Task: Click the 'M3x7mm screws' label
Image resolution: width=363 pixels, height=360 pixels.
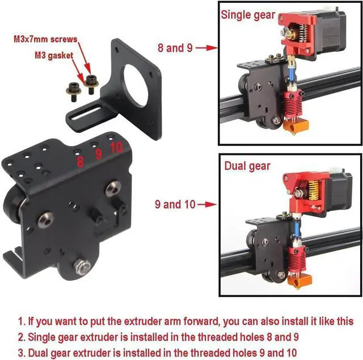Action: point(45,39)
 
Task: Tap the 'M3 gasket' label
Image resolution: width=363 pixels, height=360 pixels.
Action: point(54,56)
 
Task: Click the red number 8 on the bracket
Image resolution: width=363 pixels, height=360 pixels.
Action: point(80,162)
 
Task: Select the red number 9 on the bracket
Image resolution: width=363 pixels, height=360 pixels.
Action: point(98,154)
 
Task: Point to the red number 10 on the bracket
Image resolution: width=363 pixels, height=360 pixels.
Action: point(116,147)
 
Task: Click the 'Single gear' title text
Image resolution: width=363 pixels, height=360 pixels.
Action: point(248,15)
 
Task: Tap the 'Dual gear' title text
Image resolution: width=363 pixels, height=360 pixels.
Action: point(247,166)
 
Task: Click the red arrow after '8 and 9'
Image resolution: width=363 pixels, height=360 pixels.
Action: point(206,48)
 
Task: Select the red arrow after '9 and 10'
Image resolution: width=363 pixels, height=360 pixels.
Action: point(207,204)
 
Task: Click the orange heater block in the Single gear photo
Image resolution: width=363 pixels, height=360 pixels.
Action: point(296,126)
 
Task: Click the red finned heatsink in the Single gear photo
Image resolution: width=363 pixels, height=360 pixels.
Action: point(293,102)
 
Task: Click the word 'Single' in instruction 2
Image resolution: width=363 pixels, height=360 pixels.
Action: point(41,337)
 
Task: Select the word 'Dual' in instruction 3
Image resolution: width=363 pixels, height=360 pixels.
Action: point(38,353)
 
